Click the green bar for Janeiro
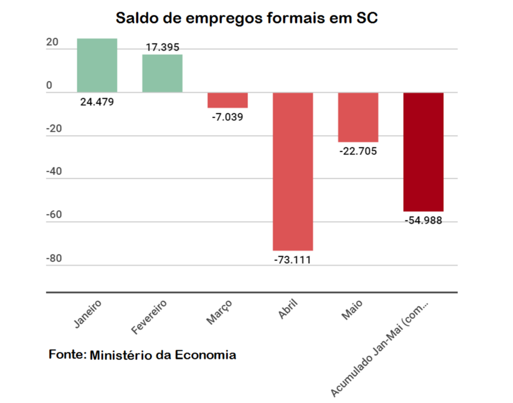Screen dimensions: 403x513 (x=97, y=65)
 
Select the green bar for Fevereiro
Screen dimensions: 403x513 (x=162, y=73)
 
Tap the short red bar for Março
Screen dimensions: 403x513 (x=227, y=100)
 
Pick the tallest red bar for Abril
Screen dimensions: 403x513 (x=293, y=171)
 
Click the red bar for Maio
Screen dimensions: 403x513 (x=358, y=117)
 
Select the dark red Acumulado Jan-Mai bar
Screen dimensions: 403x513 (x=423, y=152)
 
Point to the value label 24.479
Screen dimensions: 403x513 (x=97, y=102)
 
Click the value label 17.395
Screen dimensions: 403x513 (x=162, y=48)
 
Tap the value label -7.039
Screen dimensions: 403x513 (x=227, y=117)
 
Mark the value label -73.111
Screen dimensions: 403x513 (x=293, y=260)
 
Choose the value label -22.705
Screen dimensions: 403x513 (x=358, y=151)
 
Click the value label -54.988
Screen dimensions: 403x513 (x=423, y=220)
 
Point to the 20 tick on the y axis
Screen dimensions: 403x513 (x=52, y=43)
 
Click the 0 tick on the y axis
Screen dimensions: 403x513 (x=49, y=86)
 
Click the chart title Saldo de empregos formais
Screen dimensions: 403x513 (x=246, y=18)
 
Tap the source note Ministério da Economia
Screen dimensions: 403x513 (x=142, y=355)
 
